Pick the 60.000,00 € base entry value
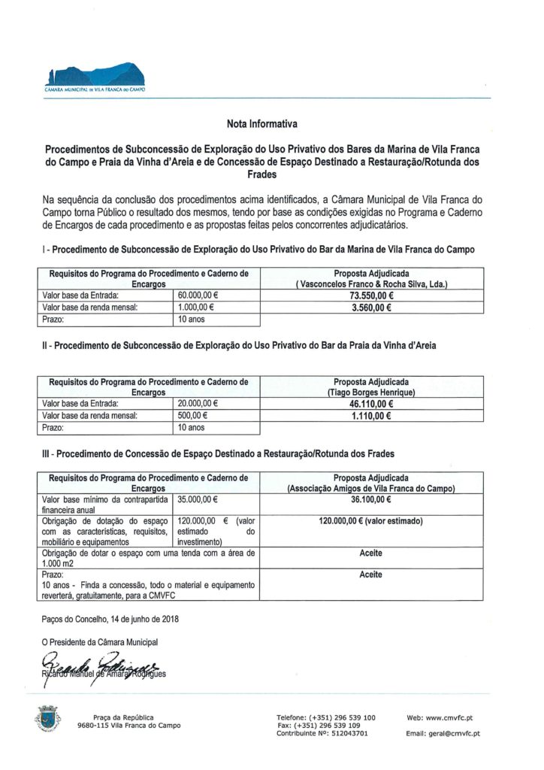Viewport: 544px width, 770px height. [x=198, y=296]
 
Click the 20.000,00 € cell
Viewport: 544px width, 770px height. [x=198, y=404]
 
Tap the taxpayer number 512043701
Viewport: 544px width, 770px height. [x=347, y=733]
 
